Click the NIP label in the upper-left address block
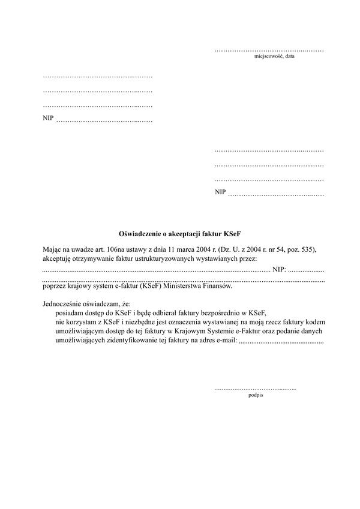click(48, 118)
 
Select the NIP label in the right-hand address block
click(220, 192)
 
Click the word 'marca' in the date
click(181, 249)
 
